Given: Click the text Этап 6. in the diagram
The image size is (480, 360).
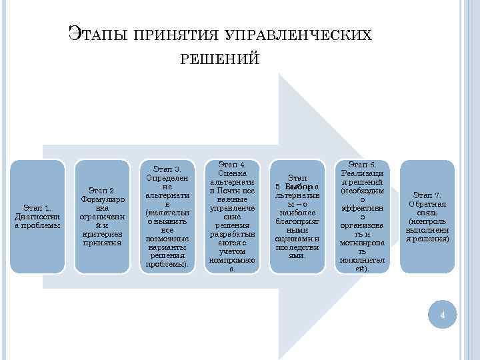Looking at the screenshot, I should coord(363,165).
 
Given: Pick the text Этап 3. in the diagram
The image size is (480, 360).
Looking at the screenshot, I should coord(167,169).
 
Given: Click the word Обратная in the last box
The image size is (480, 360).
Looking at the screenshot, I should coord(427,204).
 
